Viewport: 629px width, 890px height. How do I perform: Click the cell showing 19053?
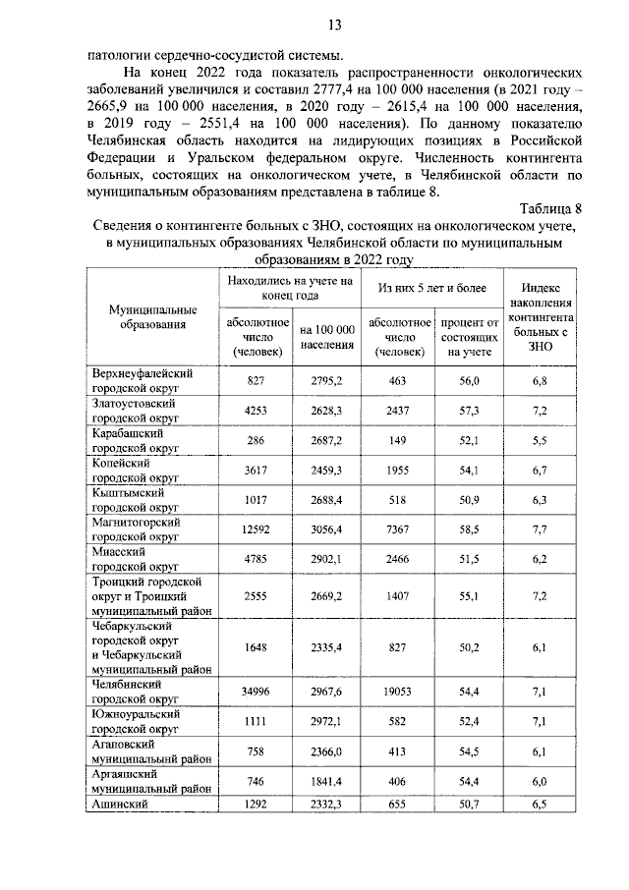pos(396,692)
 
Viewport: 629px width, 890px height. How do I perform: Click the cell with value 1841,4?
pos(327,782)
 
